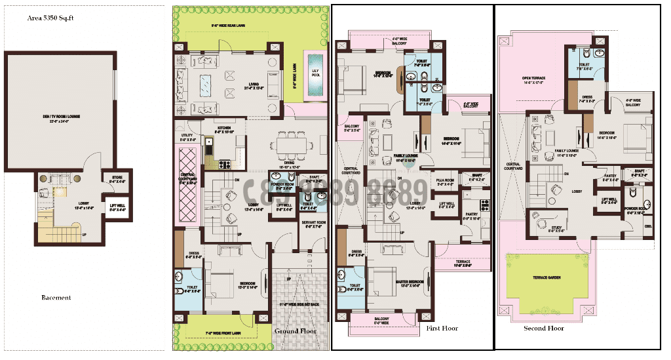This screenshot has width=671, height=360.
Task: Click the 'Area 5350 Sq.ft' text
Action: pyautogui.click(x=51, y=18)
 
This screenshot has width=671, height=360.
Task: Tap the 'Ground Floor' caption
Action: pyautogui.click(x=296, y=330)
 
